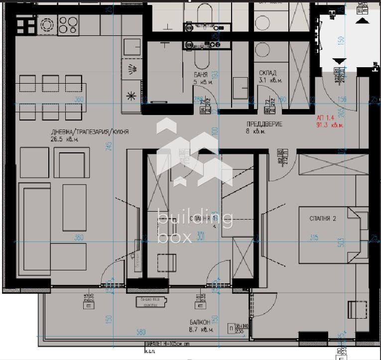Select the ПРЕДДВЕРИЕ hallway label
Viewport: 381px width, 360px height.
point(264,124)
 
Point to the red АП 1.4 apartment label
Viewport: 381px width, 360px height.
point(326,118)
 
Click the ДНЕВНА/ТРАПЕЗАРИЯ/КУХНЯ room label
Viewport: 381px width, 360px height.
point(90,132)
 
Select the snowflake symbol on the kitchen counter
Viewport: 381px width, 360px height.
point(132,96)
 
